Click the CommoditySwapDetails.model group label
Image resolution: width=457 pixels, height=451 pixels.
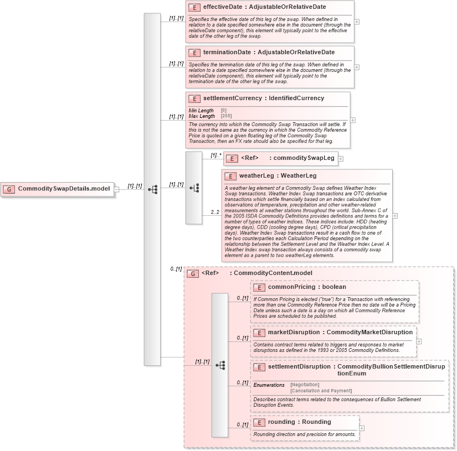pyautogui.click(x=64, y=189)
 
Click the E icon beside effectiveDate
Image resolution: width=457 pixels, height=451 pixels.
pyautogui.click(x=194, y=8)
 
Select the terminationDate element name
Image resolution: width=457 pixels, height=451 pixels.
pyautogui.click(x=227, y=53)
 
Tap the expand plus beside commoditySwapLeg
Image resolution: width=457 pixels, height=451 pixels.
pyautogui.click(x=341, y=159)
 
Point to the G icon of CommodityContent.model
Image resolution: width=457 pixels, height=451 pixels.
pyautogui.click(x=193, y=273)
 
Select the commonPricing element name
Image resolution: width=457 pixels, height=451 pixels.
pyautogui.click(x=291, y=287)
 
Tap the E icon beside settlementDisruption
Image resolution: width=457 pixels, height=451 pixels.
pyautogui.click(x=259, y=367)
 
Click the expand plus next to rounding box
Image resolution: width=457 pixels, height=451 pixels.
pyautogui.click(x=362, y=428)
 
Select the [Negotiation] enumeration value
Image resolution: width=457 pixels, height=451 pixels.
pyautogui.click(x=304, y=385)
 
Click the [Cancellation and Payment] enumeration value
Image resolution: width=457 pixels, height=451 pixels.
pyautogui.click(x=321, y=391)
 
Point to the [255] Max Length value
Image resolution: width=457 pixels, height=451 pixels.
pyautogui.click(x=226, y=116)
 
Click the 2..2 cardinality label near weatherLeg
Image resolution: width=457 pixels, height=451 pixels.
pyautogui.click(x=215, y=212)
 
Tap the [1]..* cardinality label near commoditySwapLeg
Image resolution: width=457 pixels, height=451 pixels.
pyautogui.click(x=215, y=155)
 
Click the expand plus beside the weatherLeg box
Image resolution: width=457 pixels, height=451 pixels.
pyautogui.click(x=395, y=216)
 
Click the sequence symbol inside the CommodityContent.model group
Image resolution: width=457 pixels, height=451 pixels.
pyautogui.click(x=220, y=365)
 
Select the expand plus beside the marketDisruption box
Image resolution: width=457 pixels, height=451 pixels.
pyautogui.click(x=419, y=341)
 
